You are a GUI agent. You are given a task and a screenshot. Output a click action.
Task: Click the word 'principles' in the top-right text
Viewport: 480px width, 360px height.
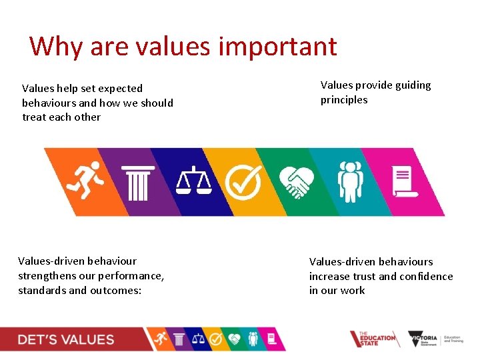[x=344, y=100]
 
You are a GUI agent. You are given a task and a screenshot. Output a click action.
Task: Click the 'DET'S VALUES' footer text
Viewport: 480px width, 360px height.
[x=66, y=339]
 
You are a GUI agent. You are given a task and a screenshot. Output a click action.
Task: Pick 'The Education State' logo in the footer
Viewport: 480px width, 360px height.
[x=374, y=339]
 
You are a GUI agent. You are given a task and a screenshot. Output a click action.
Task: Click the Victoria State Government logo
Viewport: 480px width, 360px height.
[x=424, y=339]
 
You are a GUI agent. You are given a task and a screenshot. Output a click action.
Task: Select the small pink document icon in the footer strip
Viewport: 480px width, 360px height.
[x=271, y=339]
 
